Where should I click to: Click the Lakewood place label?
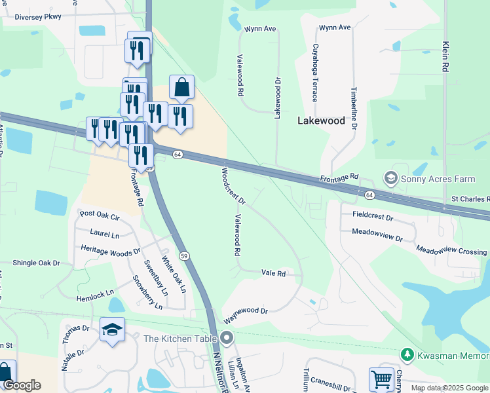(321, 121)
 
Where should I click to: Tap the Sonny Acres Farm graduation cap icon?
(391, 178)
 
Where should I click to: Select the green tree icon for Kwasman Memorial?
(407, 354)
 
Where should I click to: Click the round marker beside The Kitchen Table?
(227, 339)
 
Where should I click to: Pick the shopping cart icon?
(381, 379)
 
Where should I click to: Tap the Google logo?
(21, 385)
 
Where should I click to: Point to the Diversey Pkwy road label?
(28, 18)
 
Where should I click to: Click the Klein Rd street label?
(445, 57)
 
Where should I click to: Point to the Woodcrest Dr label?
(233, 185)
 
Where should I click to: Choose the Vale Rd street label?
(274, 273)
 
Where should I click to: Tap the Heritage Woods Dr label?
(110, 250)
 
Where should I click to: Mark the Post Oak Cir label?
(100, 215)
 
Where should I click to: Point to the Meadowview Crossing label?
(451, 250)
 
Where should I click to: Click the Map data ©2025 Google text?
(445, 387)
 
